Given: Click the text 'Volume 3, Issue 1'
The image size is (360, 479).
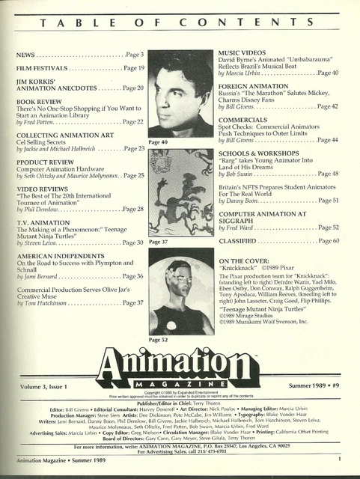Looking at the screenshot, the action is tap(45, 385).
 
